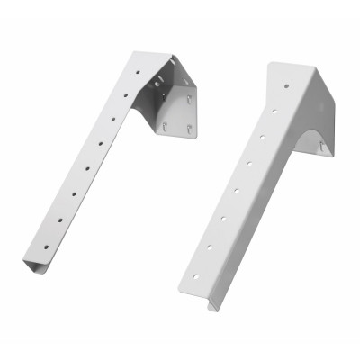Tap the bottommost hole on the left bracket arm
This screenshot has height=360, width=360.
60,219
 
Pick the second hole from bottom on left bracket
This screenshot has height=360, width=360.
70,202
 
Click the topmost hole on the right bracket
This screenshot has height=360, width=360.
287,87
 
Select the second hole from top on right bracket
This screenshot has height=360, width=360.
274,112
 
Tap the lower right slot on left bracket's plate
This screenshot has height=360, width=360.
188,129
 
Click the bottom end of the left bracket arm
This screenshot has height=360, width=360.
33,265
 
